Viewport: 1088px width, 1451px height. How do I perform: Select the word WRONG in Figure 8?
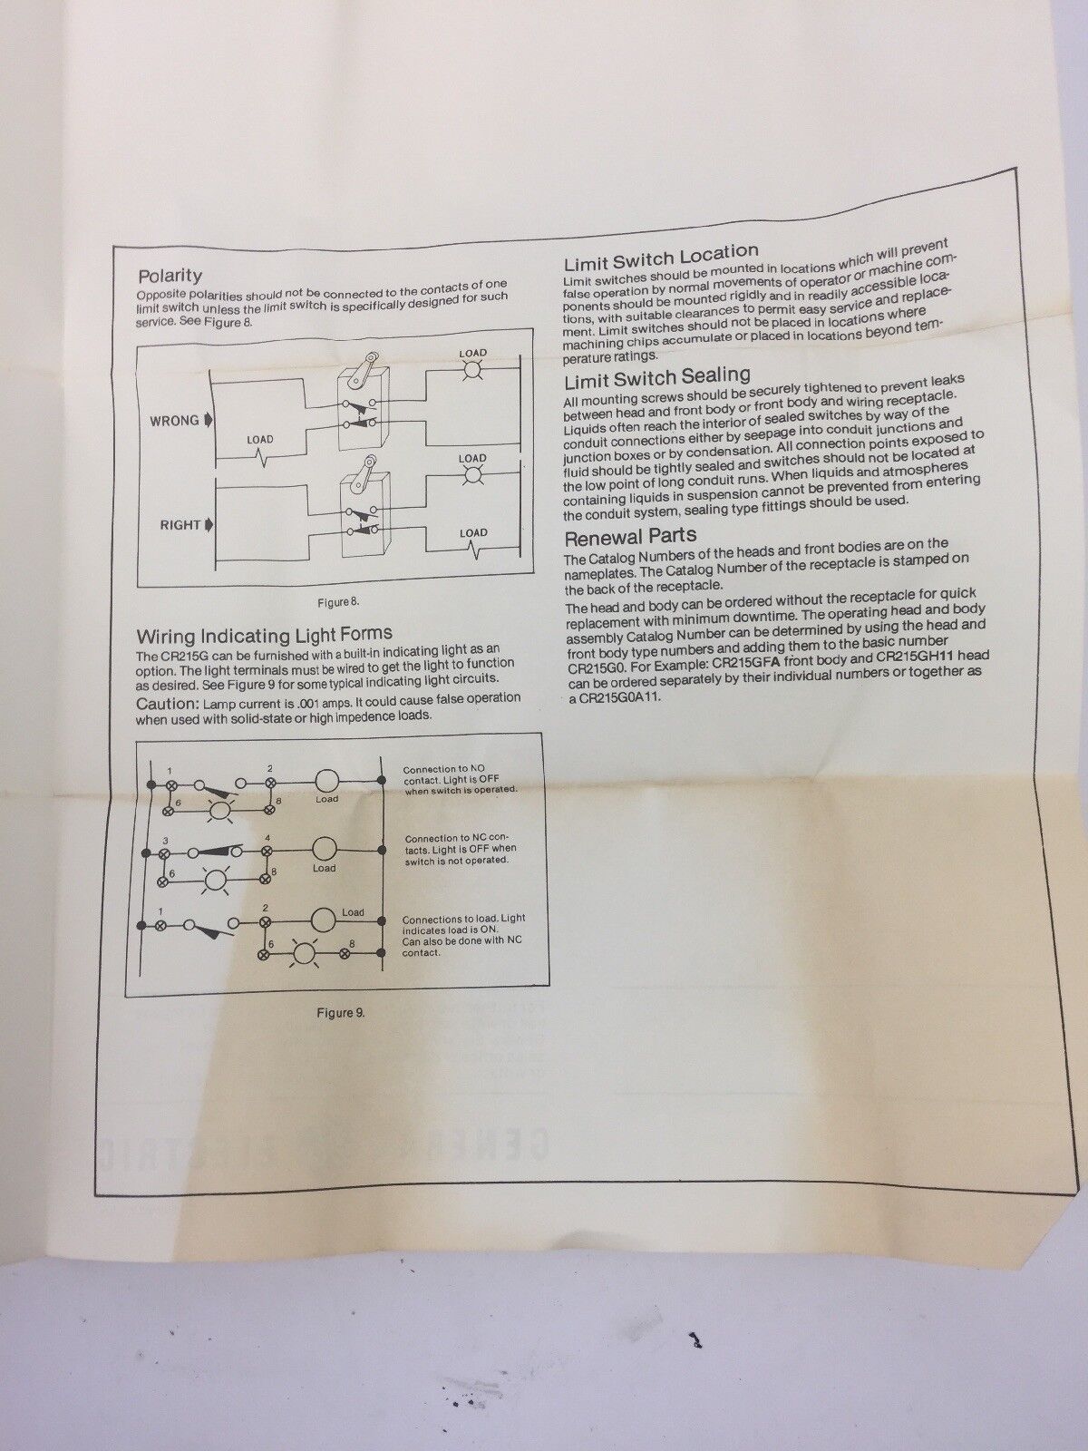point(174,421)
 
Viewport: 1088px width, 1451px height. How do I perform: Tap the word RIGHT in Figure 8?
point(180,525)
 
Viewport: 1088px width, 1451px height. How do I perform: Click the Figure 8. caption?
point(337,602)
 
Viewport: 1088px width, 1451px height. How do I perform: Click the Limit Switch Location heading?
point(661,257)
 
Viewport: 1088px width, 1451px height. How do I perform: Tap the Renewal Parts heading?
point(630,536)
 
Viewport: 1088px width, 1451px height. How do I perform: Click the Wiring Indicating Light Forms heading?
point(264,635)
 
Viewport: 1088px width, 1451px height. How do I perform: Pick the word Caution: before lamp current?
point(168,703)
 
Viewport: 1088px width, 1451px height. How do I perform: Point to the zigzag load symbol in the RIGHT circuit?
point(473,546)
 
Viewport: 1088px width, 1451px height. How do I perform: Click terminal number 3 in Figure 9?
point(166,840)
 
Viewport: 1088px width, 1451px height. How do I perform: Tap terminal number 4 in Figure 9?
point(267,839)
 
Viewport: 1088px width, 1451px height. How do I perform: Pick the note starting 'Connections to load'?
point(463,935)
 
